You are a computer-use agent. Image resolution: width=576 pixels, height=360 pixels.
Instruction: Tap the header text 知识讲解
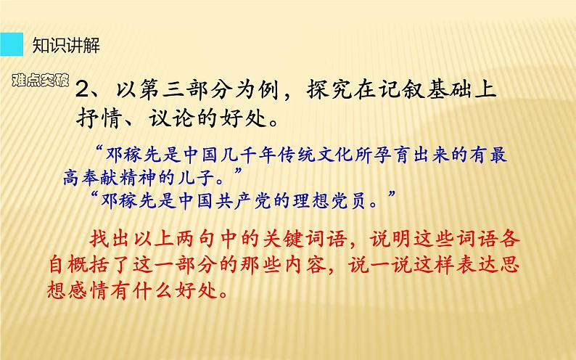tap(67, 46)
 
